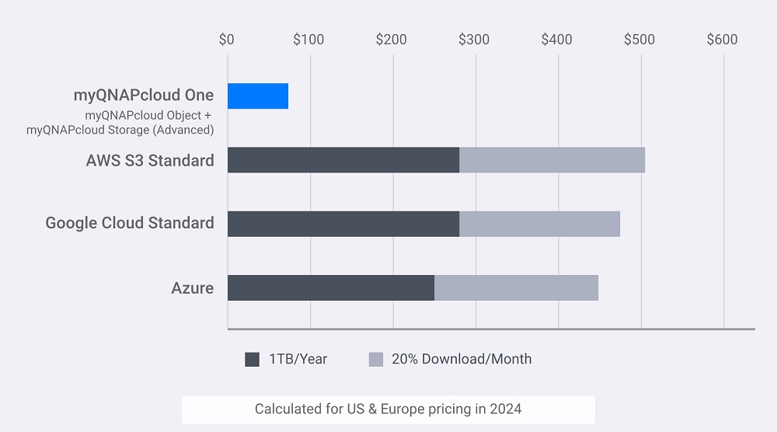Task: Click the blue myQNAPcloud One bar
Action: pyautogui.click(x=257, y=96)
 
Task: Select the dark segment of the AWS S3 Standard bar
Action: pyautogui.click(x=343, y=159)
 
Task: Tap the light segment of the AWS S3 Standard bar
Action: pyautogui.click(x=552, y=159)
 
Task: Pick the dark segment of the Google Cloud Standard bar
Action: pyautogui.click(x=343, y=223)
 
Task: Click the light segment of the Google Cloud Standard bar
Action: pyautogui.click(x=539, y=223)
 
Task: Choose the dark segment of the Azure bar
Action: pyautogui.click(x=330, y=287)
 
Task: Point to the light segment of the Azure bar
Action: pyautogui.click(x=516, y=287)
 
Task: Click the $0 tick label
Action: pyautogui.click(x=226, y=40)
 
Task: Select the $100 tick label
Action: pyautogui.click(x=308, y=40)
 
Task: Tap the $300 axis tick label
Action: pyautogui.click(x=474, y=40)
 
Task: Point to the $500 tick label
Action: pyautogui.click(x=639, y=40)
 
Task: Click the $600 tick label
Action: pyautogui.click(x=722, y=40)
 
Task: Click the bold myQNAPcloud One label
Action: pyautogui.click(x=143, y=96)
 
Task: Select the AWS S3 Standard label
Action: pyautogui.click(x=150, y=161)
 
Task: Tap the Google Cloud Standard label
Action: pyautogui.click(x=130, y=223)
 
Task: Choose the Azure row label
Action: pyautogui.click(x=192, y=288)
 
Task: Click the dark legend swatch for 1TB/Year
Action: pyautogui.click(x=252, y=359)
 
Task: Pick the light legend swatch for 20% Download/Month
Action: pyautogui.click(x=375, y=359)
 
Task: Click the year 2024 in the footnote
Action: pyautogui.click(x=506, y=409)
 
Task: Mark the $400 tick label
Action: pyautogui.click(x=556, y=40)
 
